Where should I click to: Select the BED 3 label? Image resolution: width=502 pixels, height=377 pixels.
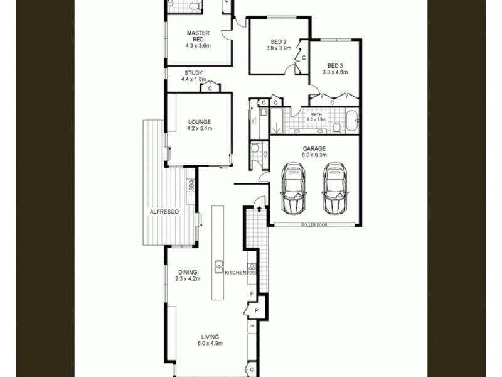click(x=335, y=65)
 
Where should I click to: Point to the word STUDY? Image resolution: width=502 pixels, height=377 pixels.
click(x=193, y=72)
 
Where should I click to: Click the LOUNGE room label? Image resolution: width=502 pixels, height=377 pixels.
click(x=198, y=121)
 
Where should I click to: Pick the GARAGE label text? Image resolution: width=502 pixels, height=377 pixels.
click(x=314, y=149)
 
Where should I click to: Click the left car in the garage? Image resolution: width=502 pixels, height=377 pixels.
click(x=292, y=188)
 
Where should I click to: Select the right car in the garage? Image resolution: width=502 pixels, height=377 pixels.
click(x=335, y=188)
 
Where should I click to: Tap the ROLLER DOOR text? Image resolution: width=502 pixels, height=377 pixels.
click(x=314, y=224)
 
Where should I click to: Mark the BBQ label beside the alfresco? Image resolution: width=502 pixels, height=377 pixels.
click(x=190, y=186)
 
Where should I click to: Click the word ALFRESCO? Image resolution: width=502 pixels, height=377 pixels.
click(x=164, y=212)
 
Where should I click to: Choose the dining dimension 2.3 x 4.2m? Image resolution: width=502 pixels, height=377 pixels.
click(x=187, y=279)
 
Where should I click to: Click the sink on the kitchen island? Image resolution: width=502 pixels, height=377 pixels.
click(x=220, y=267)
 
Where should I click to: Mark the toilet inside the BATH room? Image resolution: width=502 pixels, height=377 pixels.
click(x=336, y=128)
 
